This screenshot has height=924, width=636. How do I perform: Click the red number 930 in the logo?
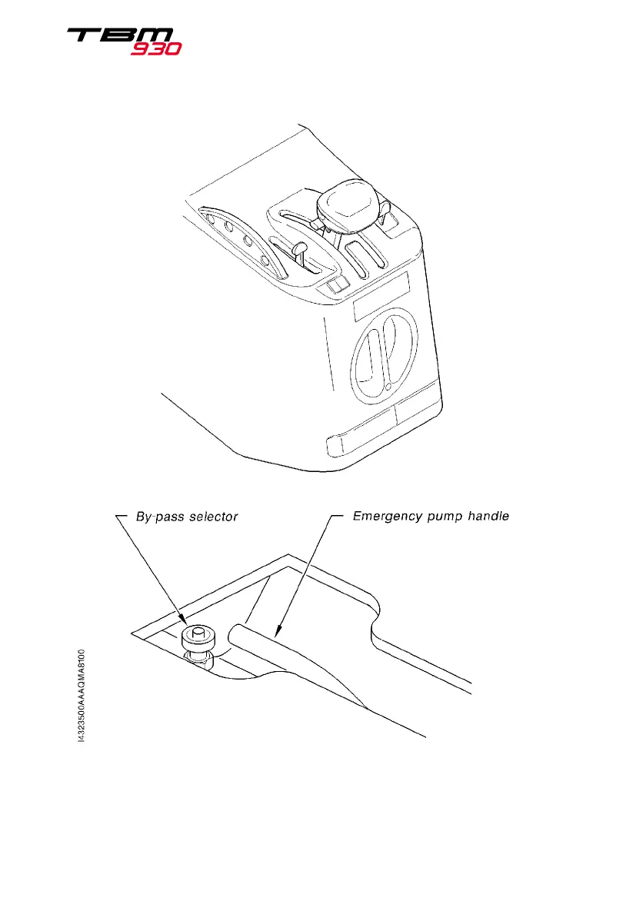[155, 48]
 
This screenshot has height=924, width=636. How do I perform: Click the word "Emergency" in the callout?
[385, 516]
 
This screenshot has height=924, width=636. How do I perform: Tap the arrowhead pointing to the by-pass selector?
[185, 623]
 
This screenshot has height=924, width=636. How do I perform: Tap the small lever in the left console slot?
[302, 249]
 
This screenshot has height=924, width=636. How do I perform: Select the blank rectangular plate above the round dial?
[381, 303]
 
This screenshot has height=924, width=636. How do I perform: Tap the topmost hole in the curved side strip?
[210, 218]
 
